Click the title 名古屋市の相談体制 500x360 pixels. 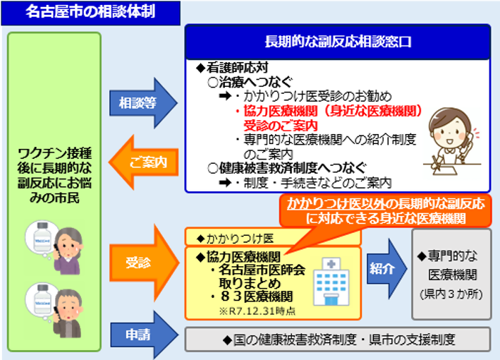(x=90, y=12)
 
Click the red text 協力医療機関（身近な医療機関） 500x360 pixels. (x=328, y=112)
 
